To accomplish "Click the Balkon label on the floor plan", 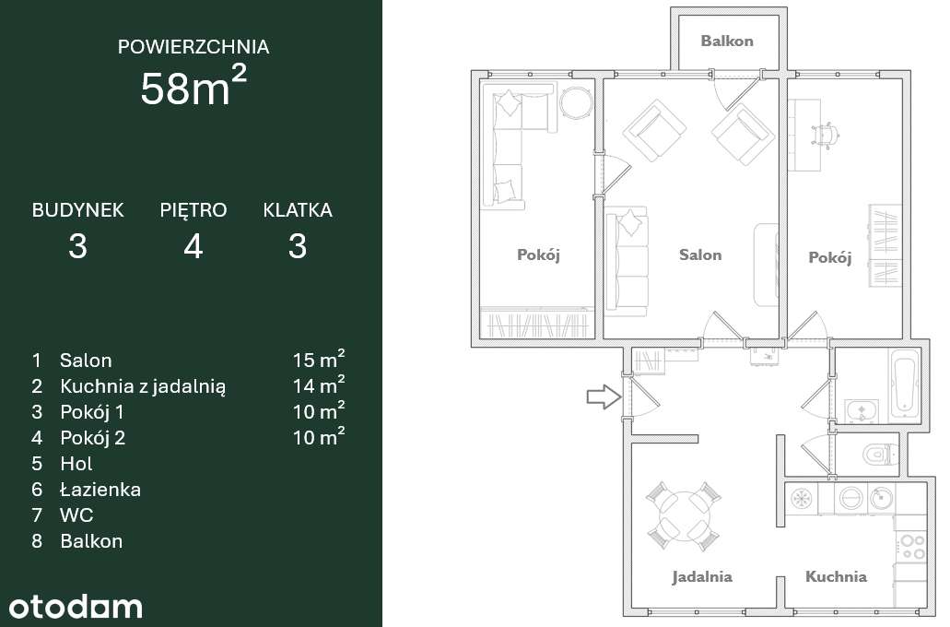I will tap(726, 41).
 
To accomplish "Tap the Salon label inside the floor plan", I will tap(700, 254).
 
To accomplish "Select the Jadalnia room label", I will tap(701, 577).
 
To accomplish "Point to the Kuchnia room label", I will tap(836, 577).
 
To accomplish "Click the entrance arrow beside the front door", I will tap(602, 397).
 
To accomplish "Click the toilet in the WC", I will tap(880, 455).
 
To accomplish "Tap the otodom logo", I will tap(76, 606).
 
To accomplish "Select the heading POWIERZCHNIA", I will tap(194, 46).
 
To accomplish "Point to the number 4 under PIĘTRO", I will tap(193, 246).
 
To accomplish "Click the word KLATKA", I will tap(297, 210).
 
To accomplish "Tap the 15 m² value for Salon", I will tap(319, 360).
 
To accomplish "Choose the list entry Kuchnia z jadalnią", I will tap(143, 386).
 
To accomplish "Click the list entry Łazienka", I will tap(100, 490).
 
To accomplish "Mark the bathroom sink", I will tap(862, 409).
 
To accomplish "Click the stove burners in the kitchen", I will tap(911, 546).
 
